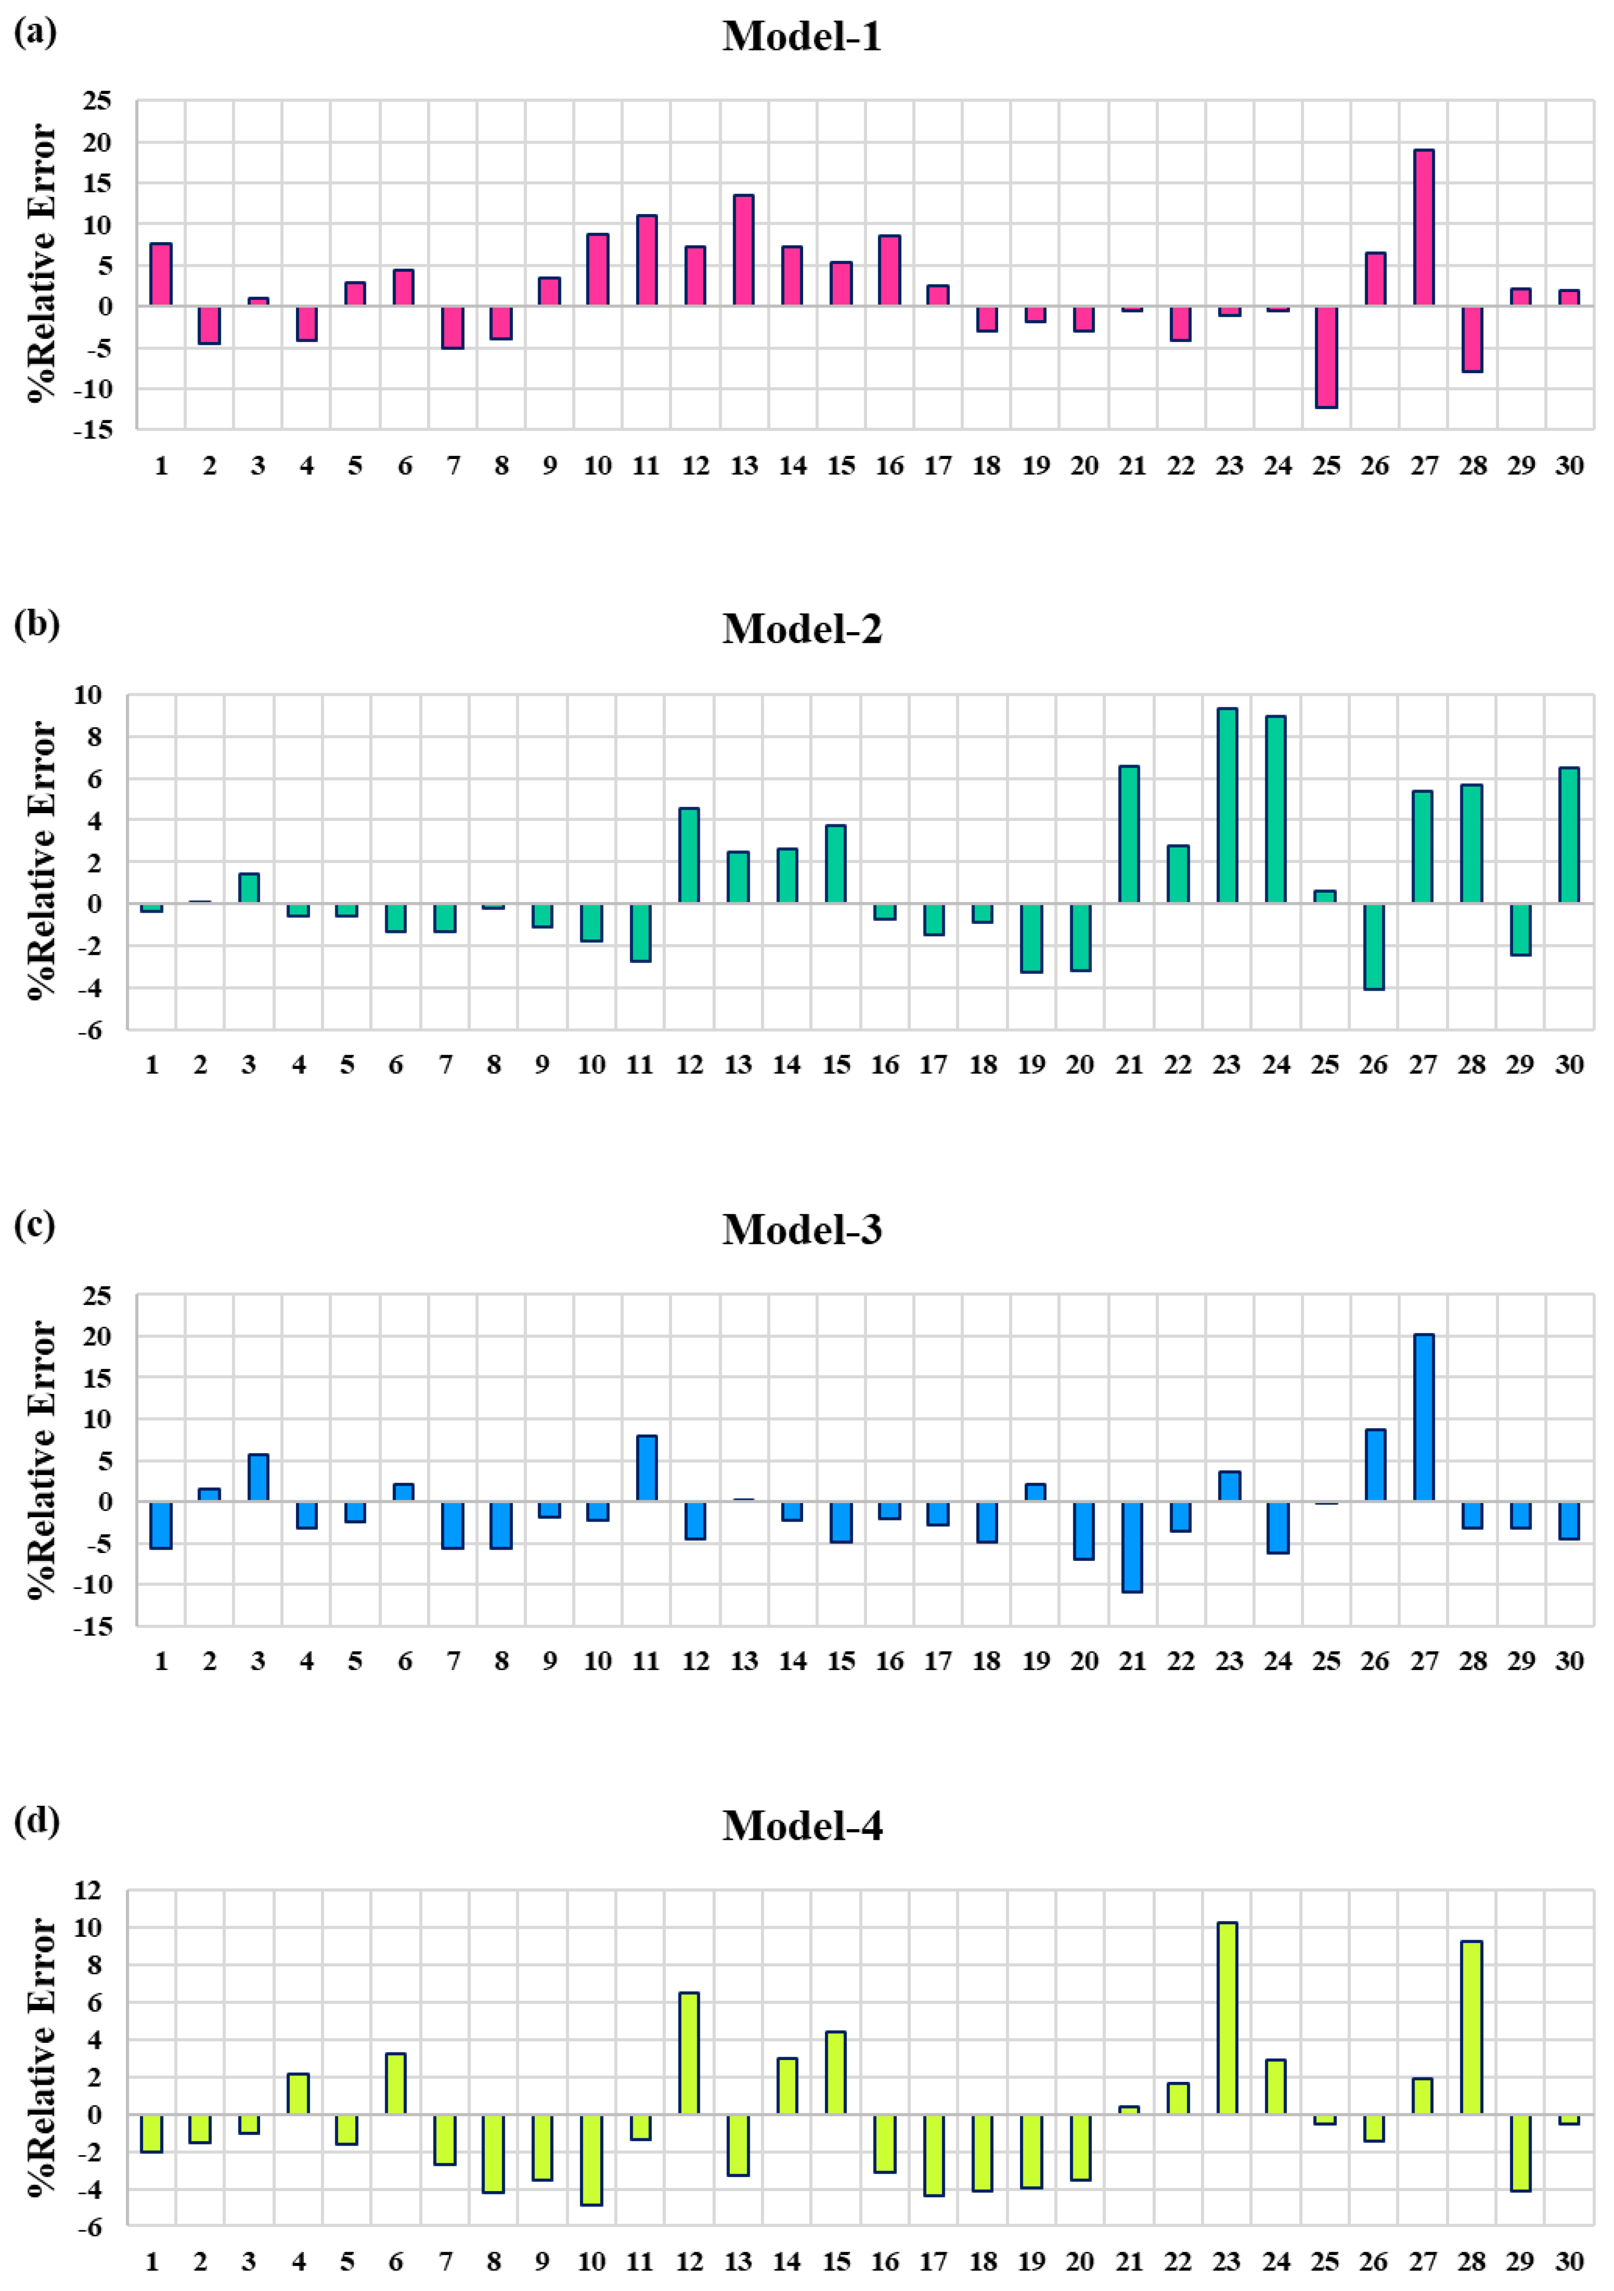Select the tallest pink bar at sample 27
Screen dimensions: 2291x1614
1423,228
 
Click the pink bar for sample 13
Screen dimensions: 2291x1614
743,250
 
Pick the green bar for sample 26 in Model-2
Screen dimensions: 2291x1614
1373,946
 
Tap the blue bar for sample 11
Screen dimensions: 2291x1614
646,1468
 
